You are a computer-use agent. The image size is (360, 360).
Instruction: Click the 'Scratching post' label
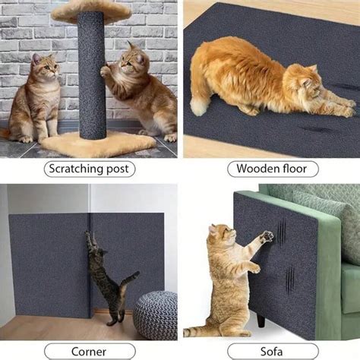[90, 169]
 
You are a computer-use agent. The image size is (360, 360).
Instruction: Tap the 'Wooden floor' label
[269, 169]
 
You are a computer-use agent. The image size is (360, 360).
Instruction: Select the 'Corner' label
[90, 352]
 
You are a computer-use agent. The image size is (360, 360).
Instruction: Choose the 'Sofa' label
[270, 352]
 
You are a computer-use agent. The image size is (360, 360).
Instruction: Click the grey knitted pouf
[155, 314]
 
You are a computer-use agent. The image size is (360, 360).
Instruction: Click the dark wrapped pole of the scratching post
[92, 76]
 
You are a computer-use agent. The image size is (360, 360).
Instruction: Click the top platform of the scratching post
[91, 9]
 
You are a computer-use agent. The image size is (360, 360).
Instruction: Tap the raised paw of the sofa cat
[266, 237]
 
